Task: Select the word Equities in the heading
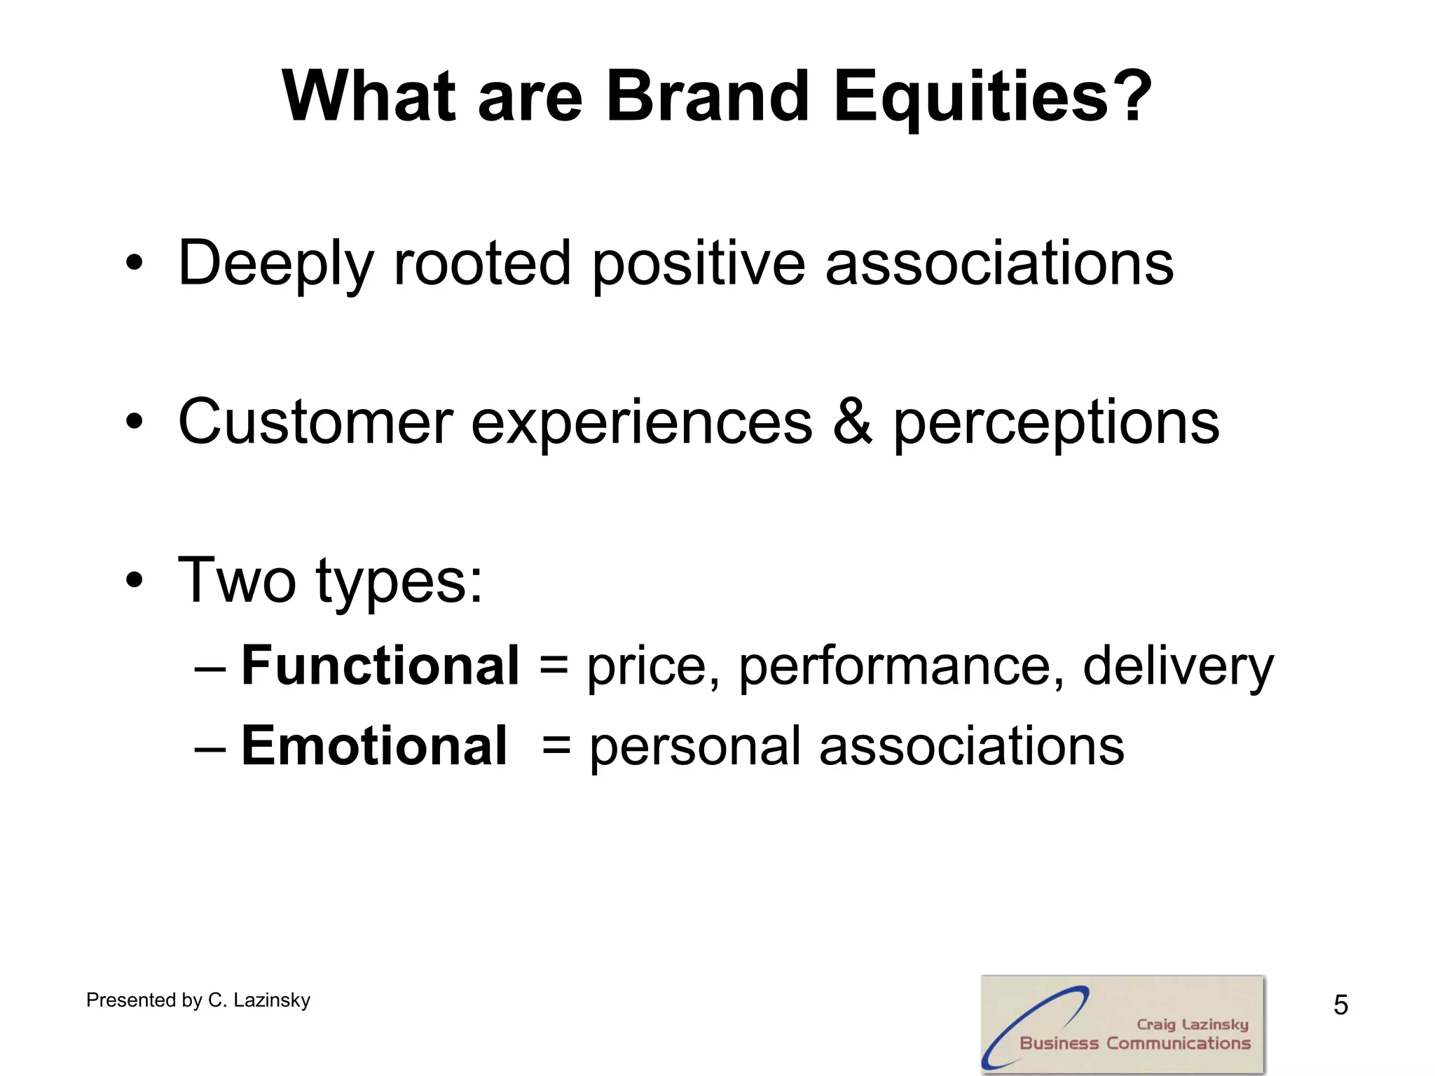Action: (x=971, y=98)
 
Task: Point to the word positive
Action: (x=699, y=265)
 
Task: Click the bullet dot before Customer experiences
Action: (x=135, y=422)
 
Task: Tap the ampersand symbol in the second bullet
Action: (x=852, y=422)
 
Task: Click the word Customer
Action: (x=315, y=422)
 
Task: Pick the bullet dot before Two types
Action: (x=135, y=581)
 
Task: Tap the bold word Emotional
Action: (x=374, y=745)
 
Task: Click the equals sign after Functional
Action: (x=554, y=665)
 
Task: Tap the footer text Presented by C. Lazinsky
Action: (x=198, y=1000)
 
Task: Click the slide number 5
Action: (x=1340, y=1005)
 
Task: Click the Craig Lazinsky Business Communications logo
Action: (x=1122, y=1024)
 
